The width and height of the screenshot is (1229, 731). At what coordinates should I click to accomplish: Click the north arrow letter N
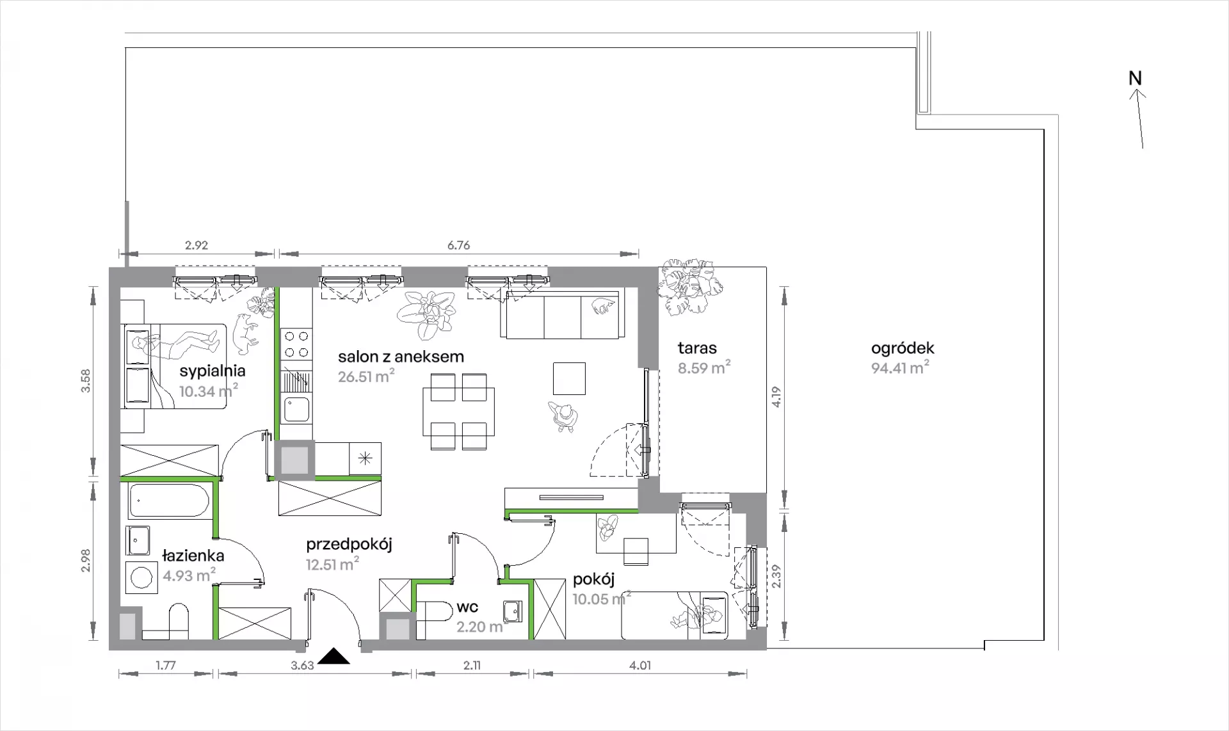point(1135,78)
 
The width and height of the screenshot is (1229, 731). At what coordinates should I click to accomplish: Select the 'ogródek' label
point(903,348)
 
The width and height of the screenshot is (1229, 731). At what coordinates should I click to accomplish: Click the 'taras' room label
point(697,348)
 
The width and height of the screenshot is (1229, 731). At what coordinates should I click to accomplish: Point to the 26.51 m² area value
point(366,376)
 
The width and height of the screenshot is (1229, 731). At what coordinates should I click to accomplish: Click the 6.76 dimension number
point(459,245)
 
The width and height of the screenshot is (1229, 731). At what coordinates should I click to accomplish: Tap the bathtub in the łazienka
point(169,501)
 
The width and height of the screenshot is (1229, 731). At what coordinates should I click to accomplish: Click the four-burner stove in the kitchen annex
point(297,344)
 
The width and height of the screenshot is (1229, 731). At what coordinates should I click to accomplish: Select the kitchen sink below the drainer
point(297,410)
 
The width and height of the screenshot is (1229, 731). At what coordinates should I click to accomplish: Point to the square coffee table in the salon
point(570,379)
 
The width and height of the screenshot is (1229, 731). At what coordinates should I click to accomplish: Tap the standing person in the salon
point(564,416)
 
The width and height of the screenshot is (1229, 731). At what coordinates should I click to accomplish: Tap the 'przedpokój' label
point(349,545)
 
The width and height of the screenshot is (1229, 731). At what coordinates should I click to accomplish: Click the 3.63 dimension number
point(302,665)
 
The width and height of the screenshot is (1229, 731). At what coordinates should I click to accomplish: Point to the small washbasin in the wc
point(513,611)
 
